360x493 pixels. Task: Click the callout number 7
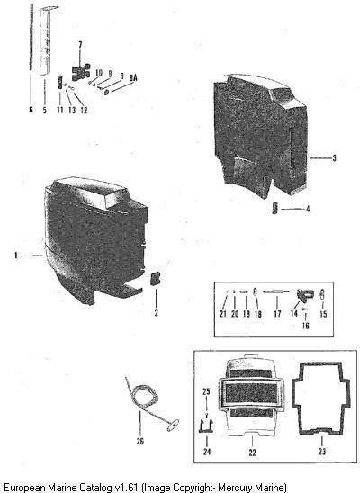(80, 45)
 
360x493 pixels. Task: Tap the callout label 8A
(133, 77)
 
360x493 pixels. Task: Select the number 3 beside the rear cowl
(334, 157)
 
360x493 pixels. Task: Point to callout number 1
(16, 255)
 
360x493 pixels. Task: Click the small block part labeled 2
(156, 279)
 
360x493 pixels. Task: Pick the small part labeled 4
(274, 208)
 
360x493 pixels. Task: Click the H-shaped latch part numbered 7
(81, 72)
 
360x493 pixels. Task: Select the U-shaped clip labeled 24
(206, 426)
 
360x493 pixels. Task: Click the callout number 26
(139, 442)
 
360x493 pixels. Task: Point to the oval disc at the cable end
(173, 426)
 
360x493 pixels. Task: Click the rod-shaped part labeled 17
(276, 291)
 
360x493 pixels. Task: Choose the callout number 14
(294, 313)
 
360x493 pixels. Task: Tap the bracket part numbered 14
(305, 295)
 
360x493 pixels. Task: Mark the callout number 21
(223, 314)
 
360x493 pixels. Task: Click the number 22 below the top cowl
(253, 453)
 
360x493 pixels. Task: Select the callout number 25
(206, 391)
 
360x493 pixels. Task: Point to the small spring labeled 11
(60, 83)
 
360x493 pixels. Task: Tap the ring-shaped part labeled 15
(322, 294)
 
